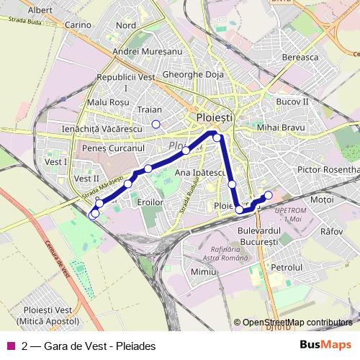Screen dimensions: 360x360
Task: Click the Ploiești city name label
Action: (x=214, y=116)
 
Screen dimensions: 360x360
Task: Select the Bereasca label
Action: (x=300, y=57)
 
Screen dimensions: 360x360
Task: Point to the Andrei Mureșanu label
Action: (x=148, y=52)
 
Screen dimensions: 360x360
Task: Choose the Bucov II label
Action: (x=292, y=102)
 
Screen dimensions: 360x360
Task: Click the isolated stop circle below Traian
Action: (x=156, y=125)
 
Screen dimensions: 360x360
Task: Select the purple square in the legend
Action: (x=10, y=346)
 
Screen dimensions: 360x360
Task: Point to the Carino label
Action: (x=78, y=24)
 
